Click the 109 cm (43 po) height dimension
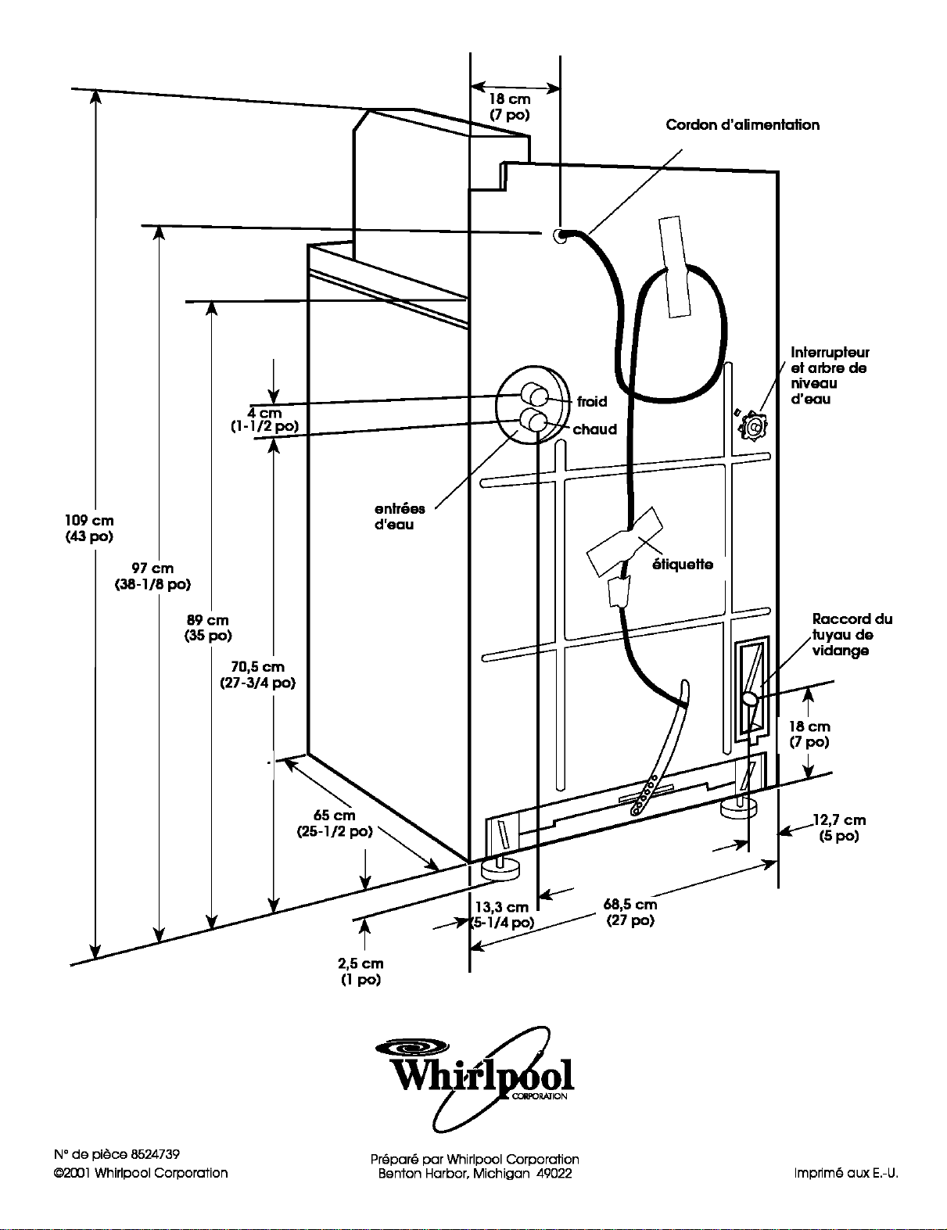89,528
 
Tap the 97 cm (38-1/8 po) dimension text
152,576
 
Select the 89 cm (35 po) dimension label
208,628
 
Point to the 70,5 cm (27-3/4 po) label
257,675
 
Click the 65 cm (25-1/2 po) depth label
335,823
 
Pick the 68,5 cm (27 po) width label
630,912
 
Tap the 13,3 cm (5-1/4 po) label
502,915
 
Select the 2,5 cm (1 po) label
361,971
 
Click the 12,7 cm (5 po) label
839,828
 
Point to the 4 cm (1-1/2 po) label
264,419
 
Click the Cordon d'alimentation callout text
743,125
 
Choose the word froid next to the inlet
592,401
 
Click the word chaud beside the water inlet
595,429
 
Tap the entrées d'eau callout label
399,517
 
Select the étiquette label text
683,565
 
